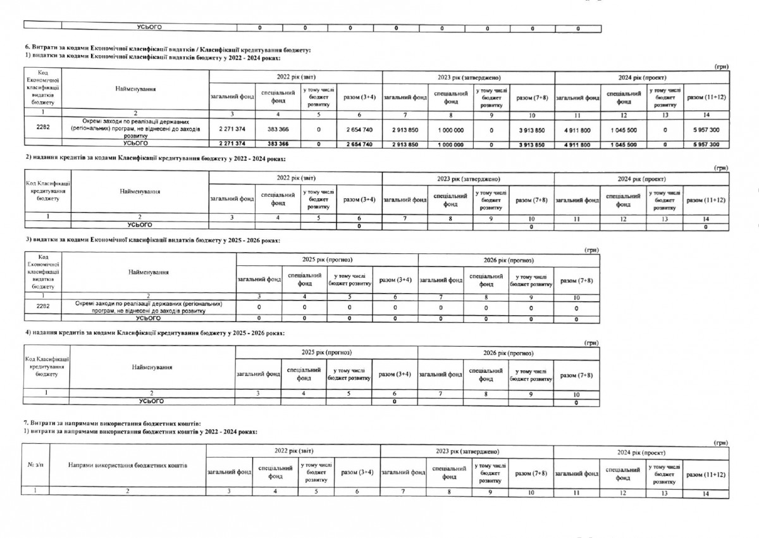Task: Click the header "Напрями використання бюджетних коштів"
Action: [x=128, y=465]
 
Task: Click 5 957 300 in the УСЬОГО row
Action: [x=706, y=145]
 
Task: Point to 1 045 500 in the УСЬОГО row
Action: [x=622, y=145]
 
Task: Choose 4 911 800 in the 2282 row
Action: [x=577, y=129]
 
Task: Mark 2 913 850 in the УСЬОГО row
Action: [x=405, y=145]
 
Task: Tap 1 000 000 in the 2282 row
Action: [x=450, y=129]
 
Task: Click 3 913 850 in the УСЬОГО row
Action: [x=531, y=145]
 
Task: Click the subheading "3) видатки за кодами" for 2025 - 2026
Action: [x=152, y=241]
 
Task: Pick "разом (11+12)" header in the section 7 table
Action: [x=705, y=474]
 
